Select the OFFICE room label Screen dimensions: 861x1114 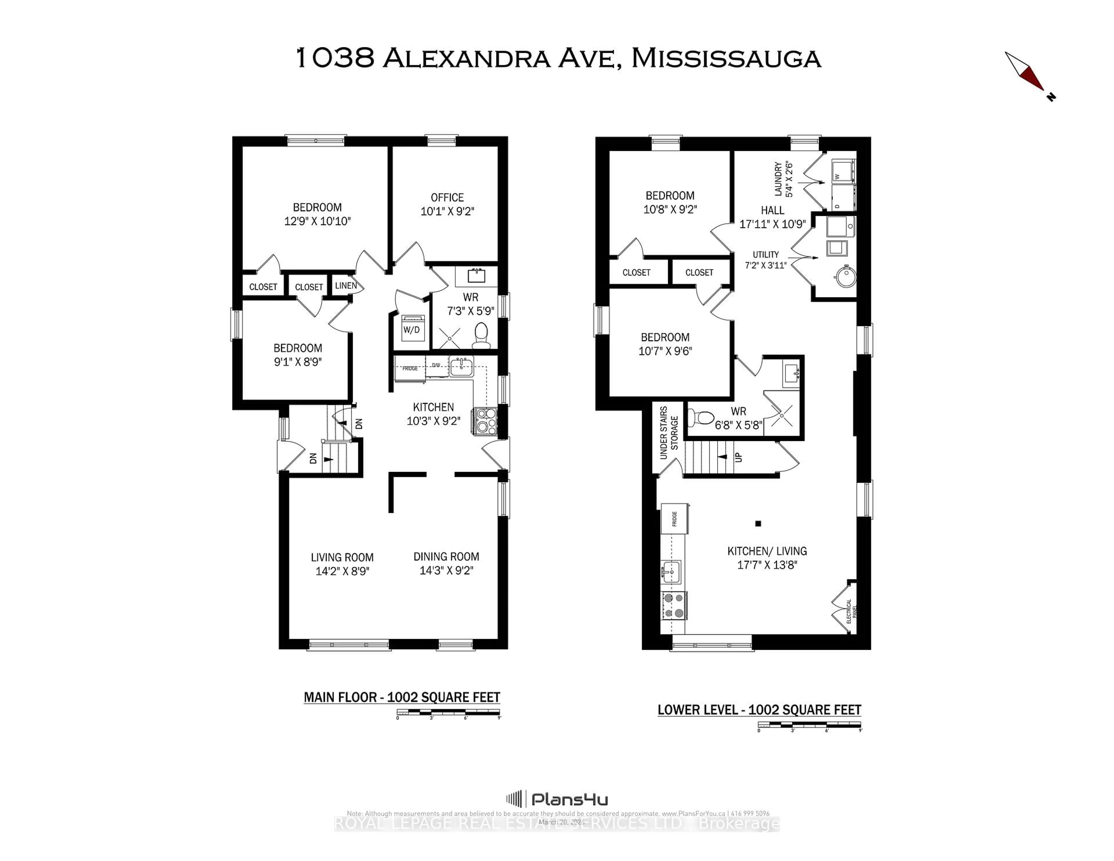(x=447, y=197)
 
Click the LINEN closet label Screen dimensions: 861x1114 (x=346, y=286)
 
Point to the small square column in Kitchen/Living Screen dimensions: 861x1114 (x=758, y=523)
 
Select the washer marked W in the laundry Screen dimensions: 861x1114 (x=843, y=171)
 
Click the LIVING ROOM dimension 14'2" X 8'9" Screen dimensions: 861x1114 (x=342, y=571)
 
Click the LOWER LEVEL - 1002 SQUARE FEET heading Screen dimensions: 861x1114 (x=759, y=710)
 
